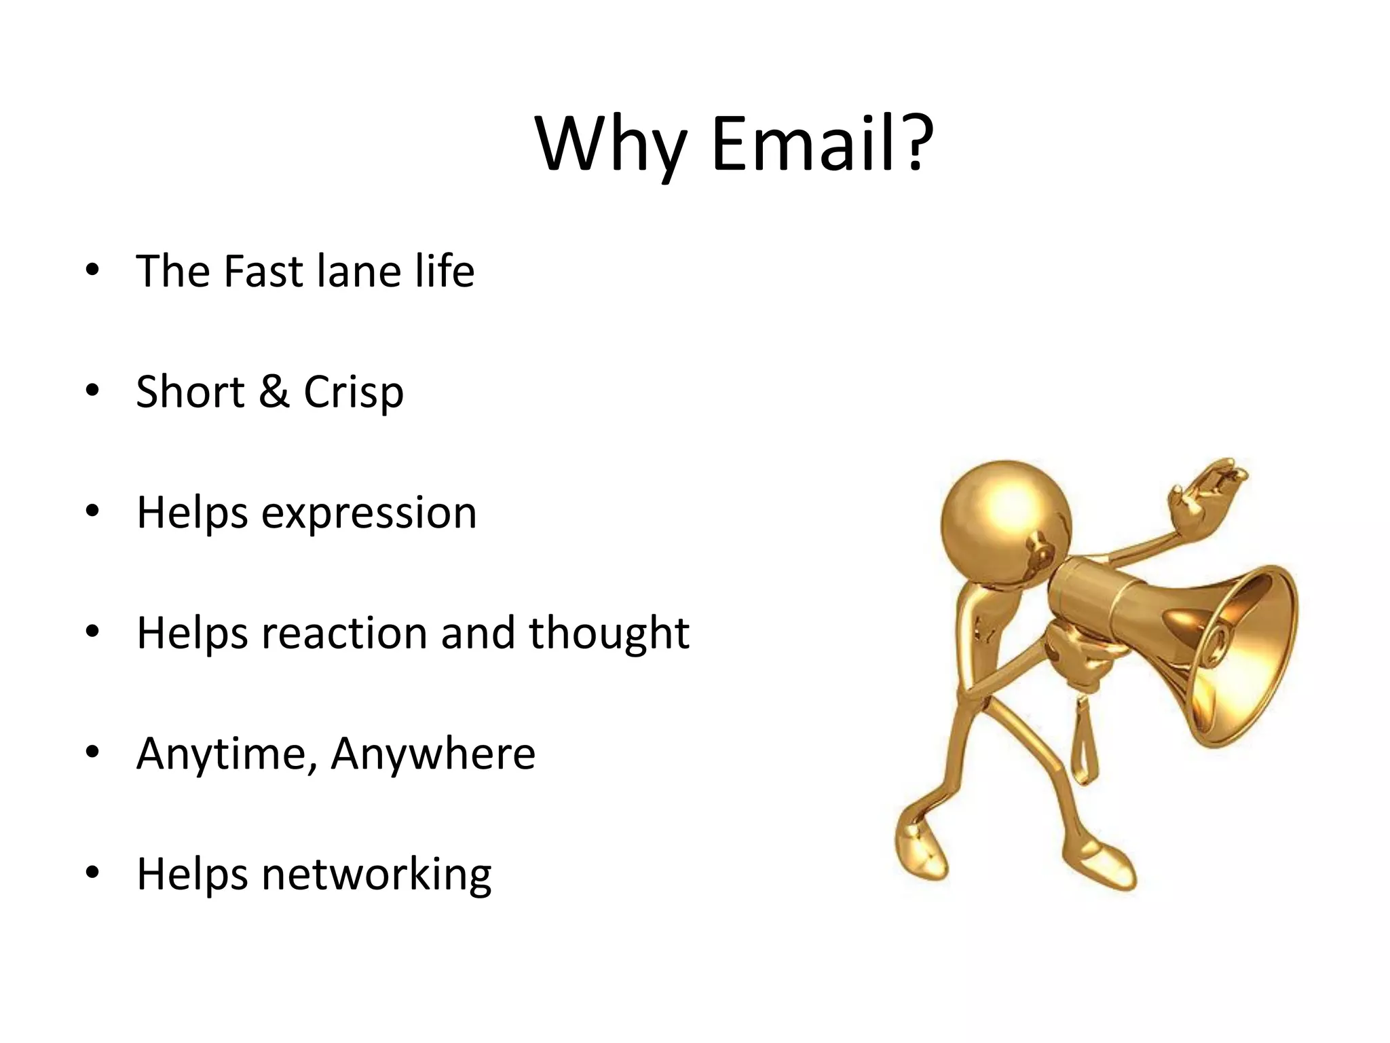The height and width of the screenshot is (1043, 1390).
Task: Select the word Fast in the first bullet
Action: pyautogui.click(x=263, y=271)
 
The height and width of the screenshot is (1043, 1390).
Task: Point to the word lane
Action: pyautogui.click(x=359, y=271)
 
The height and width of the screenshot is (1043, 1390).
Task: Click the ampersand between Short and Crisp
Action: pyautogui.click(x=274, y=392)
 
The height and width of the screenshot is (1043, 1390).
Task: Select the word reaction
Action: pyautogui.click(x=345, y=633)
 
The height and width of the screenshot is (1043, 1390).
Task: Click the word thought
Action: pyautogui.click(x=609, y=633)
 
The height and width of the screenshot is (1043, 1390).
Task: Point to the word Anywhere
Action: pyautogui.click(x=433, y=754)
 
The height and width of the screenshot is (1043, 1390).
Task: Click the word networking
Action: pyautogui.click(x=376, y=875)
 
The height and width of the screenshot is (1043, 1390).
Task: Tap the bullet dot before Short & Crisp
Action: pyautogui.click(x=93, y=390)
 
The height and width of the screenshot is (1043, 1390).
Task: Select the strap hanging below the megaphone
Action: pyautogui.click(x=1084, y=740)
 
